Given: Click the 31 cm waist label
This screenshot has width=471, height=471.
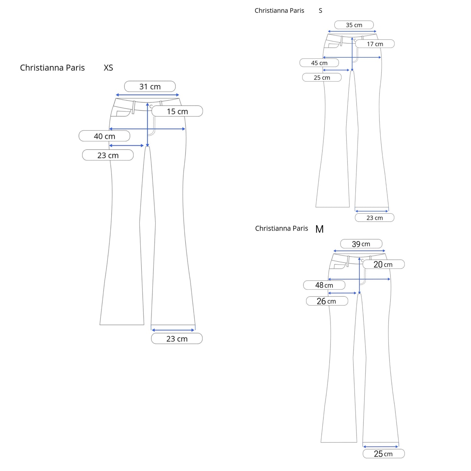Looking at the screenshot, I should coord(150,87).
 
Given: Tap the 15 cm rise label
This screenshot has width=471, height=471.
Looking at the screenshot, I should coord(177,111).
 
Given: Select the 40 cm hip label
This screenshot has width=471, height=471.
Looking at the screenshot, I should coord(104,136).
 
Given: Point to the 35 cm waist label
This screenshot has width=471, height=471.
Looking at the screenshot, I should coord(354,25).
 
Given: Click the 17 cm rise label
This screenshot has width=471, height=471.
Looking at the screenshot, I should coord(375,44).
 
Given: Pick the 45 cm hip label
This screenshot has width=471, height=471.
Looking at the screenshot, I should coord(319,63).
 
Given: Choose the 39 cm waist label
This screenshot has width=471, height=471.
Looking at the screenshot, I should coord(361,244).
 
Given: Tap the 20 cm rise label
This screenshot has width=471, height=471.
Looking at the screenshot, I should coord(383,265).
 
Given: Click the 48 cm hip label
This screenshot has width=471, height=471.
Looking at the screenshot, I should coord(324,285).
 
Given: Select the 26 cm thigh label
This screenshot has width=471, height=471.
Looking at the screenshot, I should coord(327,301).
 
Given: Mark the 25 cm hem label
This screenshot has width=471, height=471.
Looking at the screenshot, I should coord(383,454).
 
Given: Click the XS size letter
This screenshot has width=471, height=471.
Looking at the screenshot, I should coord(108,68).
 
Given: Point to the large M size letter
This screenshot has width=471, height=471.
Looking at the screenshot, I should coord(319,229).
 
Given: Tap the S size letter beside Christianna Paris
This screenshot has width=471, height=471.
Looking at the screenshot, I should coord(320,11).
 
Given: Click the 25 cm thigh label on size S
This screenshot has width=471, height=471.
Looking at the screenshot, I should coord(322,78).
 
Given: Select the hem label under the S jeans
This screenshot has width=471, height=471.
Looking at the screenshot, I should coord(375,218).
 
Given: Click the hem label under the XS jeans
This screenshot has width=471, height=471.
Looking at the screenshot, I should coord(177,339).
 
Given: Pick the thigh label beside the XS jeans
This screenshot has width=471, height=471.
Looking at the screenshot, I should coord(108,155).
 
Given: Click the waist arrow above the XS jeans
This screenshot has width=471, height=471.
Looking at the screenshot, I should coord(147,95).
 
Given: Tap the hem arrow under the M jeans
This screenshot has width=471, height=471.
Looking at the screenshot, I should coord(381,447).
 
